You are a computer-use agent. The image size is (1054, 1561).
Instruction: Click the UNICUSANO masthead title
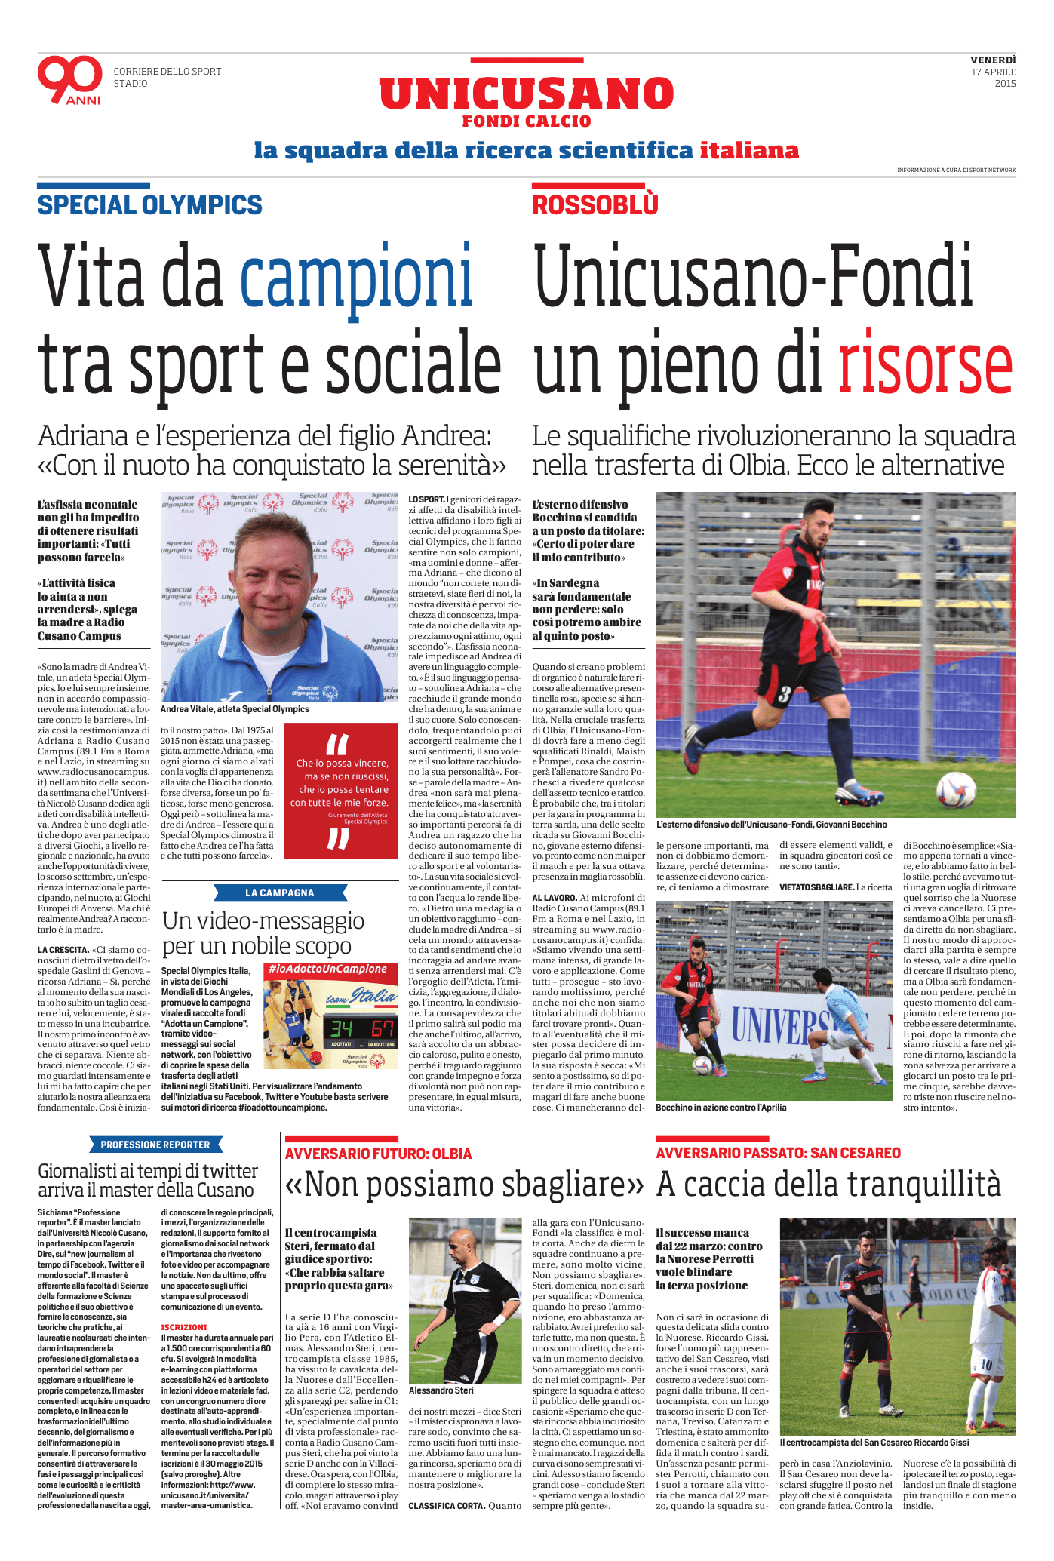click(x=526, y=94)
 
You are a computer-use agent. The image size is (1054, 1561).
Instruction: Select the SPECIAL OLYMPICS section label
click(x=150, y=205)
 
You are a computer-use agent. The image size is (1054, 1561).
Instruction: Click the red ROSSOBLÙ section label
click(x=595, y=205)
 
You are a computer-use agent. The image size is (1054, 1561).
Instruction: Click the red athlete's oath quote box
click(x=341, y=791)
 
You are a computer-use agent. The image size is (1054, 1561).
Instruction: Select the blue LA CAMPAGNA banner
click(x=279, y=893)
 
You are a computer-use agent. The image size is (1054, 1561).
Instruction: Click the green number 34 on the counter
click(x=341, y=1028)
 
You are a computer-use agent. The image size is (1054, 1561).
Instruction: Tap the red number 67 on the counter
click(x=383, y=1028)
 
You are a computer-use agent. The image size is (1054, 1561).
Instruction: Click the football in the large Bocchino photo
click(x=956, y=790)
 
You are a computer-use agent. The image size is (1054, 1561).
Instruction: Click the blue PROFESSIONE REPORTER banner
click(x=155, y=1145)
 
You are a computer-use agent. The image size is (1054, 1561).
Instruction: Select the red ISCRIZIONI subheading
click(x=183, y=1327)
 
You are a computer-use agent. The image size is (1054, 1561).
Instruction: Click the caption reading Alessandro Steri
click(x=441, y=1390)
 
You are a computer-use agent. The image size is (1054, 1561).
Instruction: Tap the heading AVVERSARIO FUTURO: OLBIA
click(x=378, y=1154)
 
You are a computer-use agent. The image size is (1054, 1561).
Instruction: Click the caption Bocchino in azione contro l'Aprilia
click(x=721, y=1108)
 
